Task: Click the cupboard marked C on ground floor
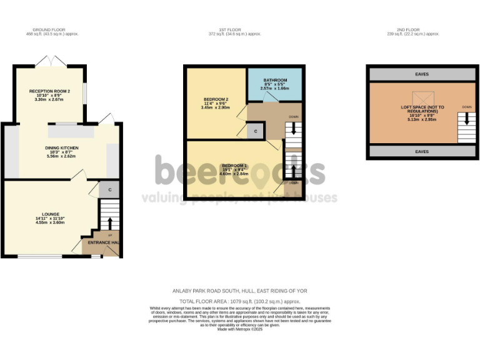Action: click(109, 189)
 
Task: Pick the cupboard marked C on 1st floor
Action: click(256, 131)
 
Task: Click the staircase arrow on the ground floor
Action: click(110, 224)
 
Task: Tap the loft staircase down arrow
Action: click(466, 117)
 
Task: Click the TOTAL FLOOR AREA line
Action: click(240, 301)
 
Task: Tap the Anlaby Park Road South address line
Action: click(240, 291)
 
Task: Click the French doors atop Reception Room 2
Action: click(50, 62)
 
